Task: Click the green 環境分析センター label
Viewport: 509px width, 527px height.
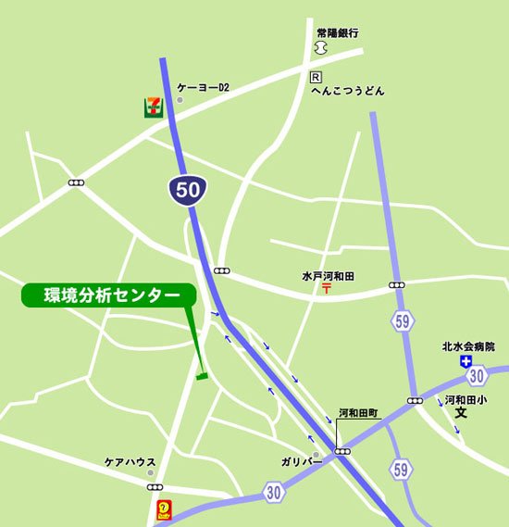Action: coord(107,295)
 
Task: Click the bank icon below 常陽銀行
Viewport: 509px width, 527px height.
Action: coord(321,47)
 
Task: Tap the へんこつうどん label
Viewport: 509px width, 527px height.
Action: coord(347,92)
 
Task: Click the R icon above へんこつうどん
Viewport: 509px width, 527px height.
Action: coord(316,77)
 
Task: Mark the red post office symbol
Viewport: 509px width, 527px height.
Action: coord(327,290)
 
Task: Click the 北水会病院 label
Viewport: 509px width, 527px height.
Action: coord(468,346)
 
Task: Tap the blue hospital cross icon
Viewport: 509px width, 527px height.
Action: coord(466,361)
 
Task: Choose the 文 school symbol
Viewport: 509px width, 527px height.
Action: coord(461,414)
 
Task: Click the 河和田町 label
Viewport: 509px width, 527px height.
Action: coord(358,413)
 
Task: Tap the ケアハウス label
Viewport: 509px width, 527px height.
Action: coord(130,462)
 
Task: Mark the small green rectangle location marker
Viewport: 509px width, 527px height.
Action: coord(203,376)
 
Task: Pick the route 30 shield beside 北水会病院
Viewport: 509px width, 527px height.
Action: coord(477,375)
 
